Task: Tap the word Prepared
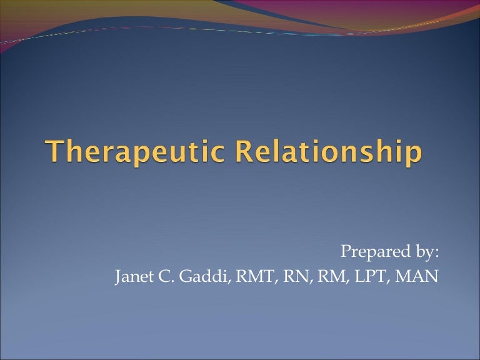point(369,252)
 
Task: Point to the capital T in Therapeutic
point(55,152)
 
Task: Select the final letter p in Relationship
point(411,156)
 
